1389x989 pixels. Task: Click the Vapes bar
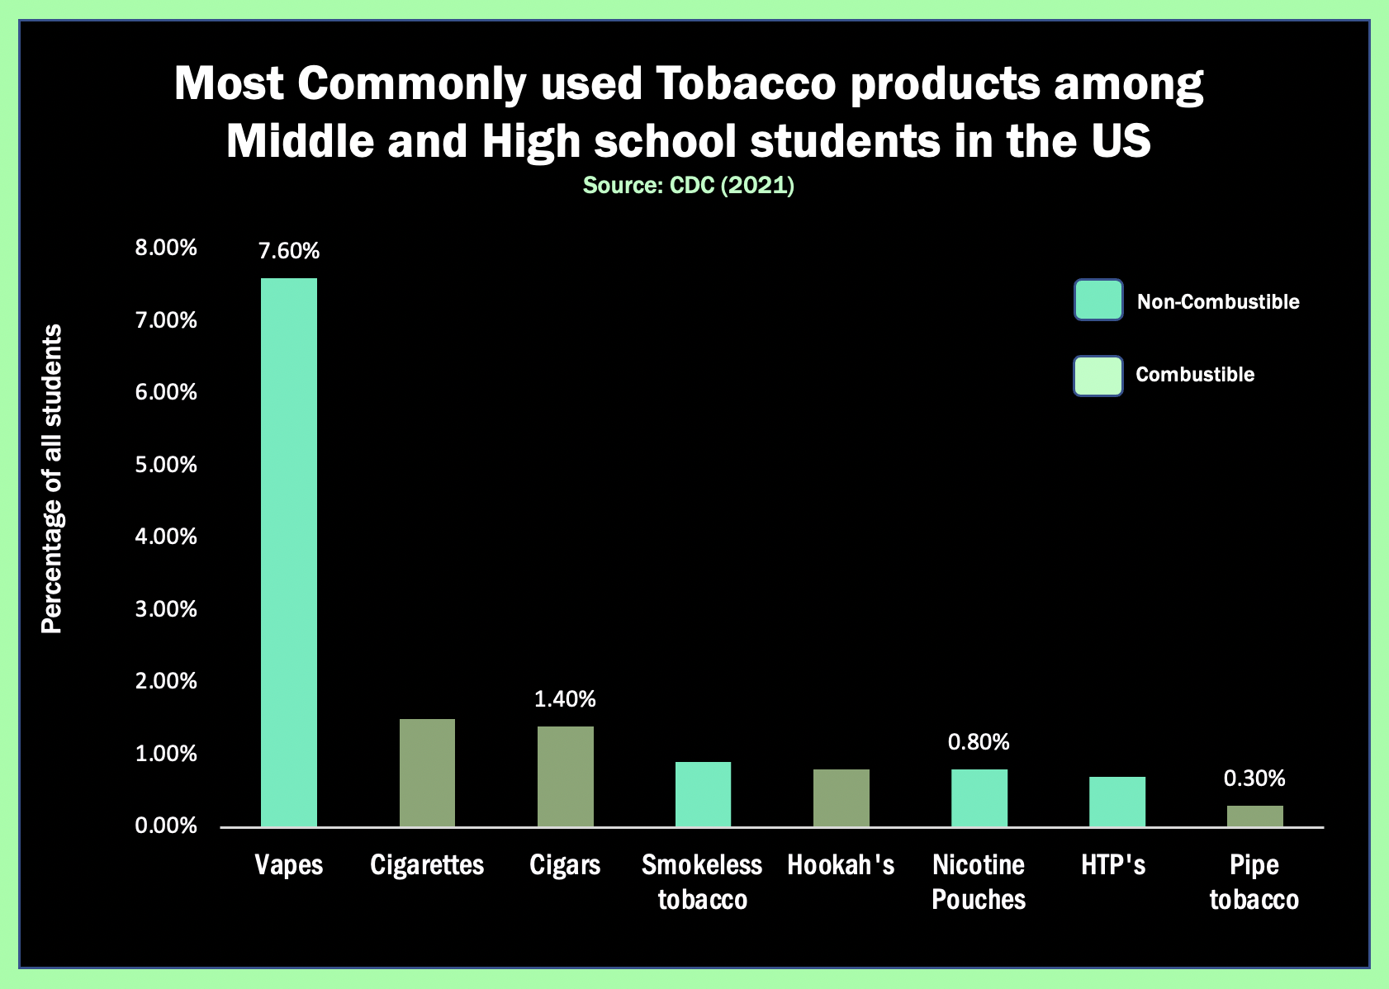tap(289, 552)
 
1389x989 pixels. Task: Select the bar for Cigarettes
tap(427, 773)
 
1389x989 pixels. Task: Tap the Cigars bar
tap(565, 776)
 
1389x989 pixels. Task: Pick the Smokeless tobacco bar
tap(703, 794)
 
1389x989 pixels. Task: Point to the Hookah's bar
tap(841, 797)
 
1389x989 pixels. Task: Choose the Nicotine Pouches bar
tap(979, 797)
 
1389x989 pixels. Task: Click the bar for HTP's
tap(1116, 802)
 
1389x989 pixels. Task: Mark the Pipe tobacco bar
tap(1254, 816)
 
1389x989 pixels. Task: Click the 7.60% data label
tap(289, 251)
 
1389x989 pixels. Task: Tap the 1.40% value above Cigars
tap(565, 699)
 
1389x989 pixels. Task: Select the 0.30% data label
tap(1254, 778)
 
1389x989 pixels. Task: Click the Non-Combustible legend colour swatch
tap(1097, 300)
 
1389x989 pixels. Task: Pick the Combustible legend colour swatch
tap(1097, 376)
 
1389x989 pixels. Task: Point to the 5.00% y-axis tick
tap(167, 465)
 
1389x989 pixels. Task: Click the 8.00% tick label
tap(167, 248)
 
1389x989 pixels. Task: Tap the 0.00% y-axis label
tap(167, 826)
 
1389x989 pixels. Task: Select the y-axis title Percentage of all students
tap(52, 479)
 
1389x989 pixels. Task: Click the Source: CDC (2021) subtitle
tap(689, 185)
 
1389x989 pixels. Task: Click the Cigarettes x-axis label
tap(427, 865)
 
